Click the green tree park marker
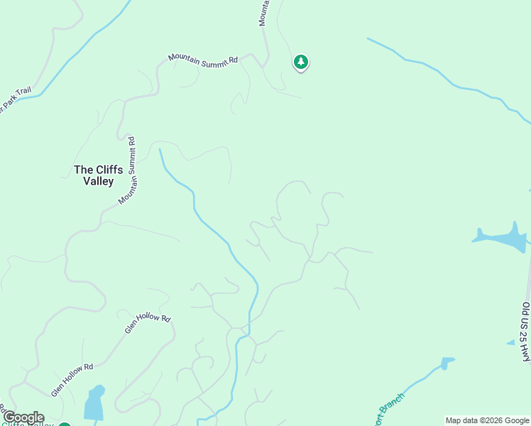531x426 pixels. (301, 62)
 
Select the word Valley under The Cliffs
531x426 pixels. (98, 181)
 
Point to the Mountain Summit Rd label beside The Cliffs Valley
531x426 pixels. (128, 171)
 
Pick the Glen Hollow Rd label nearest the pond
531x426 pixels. (72, 380)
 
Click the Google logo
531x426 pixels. (23, 417)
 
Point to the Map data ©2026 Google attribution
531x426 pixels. (488, 420)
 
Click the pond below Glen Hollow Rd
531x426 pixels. (94, 405)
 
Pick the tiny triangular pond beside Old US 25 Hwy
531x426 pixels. (510, 342)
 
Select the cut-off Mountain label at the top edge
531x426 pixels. (263, 12)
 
